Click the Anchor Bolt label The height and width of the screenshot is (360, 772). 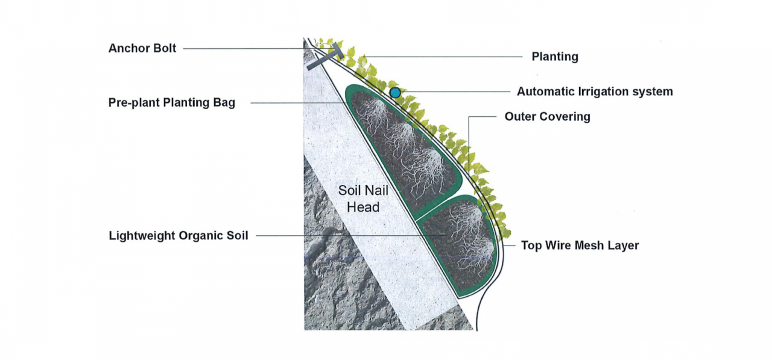pos(142,48)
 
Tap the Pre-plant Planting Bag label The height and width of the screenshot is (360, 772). pos(172,103)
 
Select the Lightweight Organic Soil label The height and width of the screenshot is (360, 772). pos(179,236)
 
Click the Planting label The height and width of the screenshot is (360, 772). pos(555,57)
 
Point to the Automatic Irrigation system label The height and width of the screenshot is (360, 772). pos(595,92)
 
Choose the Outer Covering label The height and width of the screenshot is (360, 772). pos(548,116)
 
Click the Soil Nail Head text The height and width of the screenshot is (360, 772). pos(363,199)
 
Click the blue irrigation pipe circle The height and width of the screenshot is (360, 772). pos(395,92)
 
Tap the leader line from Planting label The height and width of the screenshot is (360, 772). pos(446,57)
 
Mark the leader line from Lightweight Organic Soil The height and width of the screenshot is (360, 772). pos(338,236)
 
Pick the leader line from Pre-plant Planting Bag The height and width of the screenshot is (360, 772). pos(296,103)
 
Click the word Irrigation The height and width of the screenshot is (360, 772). pos(601,92)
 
